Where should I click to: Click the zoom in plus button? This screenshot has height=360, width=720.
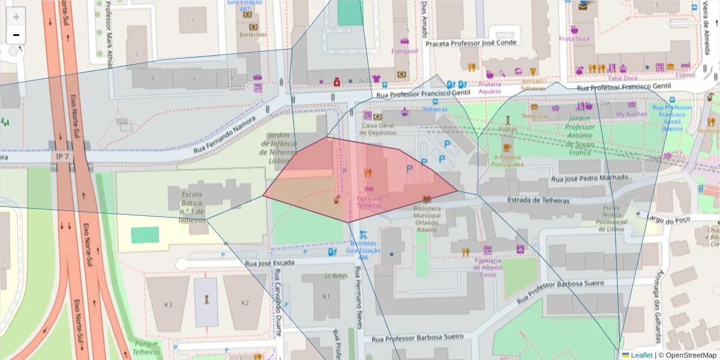[x=16, y=17]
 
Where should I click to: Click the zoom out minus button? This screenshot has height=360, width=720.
[x=16, y=35]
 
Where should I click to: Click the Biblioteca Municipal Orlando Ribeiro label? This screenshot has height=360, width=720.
[x=427, y=219]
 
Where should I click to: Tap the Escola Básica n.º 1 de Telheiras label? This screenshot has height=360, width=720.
[x=192, y=207]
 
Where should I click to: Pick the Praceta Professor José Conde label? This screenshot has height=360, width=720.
[x=470, y=43]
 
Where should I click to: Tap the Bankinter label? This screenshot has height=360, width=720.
[x=253, y=35]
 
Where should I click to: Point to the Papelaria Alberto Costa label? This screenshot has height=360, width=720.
[x=488, y=268]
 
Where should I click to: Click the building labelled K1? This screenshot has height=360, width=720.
[x=326, y=296]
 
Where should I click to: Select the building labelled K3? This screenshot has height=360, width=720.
[x=168, y=304]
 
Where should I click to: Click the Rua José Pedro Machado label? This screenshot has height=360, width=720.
[x=589, y=178]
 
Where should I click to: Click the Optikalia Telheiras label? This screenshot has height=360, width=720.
[x=370, y=202]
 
